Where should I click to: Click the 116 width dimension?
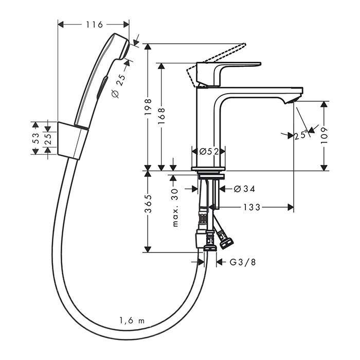(x=94, y=24)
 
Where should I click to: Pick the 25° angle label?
(x=302, y=135)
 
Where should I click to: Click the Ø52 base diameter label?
(x=209, y=151)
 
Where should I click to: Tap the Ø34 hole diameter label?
(x=244, y=189)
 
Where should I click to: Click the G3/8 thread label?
(x=242, y=262)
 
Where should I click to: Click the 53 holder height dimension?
(x=35, y=138)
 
